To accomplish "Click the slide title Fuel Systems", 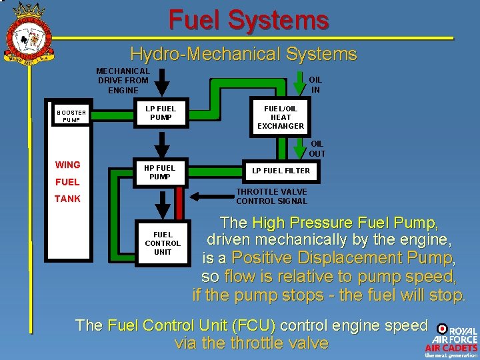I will point(249,20).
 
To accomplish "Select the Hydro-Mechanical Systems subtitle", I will point(243,54).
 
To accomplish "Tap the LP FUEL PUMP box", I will point(161,113).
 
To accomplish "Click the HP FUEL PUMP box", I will point(160,173).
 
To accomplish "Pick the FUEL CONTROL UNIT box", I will point(163,243).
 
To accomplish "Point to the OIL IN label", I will point(315,85).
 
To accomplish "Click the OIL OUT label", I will point(317,149).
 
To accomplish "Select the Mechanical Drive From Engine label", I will point(123,81).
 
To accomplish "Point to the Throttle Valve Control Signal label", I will point(271,197).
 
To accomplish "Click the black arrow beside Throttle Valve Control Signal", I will point(212,197).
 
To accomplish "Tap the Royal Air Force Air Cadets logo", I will point(453,341).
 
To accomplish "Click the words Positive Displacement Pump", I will point(343,258).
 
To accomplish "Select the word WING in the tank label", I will point(67,165).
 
